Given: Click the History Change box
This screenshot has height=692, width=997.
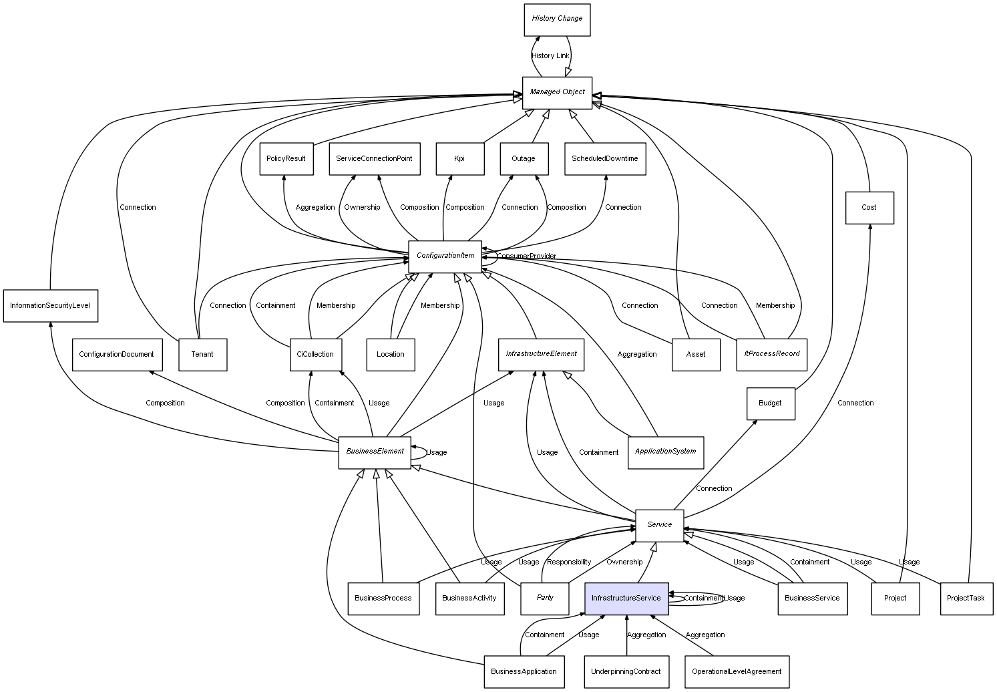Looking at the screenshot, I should [x=557, y=19].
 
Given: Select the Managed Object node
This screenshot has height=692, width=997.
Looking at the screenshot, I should [x=557, y=92].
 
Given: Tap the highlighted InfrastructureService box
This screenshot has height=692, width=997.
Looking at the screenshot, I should [x=626, y=598].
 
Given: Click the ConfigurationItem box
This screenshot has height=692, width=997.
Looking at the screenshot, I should [x=445, y=256].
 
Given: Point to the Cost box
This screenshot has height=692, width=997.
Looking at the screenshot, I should [x=869, y=208].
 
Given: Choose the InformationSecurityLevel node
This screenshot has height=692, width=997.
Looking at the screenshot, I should [x=50, y=306].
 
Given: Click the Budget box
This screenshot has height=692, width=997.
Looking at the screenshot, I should [x=770, y=403].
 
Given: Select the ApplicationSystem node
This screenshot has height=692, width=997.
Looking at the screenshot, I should [x=665, y=452].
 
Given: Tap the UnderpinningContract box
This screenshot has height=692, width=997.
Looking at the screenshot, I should [x=626, y=672].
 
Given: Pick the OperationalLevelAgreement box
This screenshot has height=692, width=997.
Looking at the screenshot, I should [x=737, y=672].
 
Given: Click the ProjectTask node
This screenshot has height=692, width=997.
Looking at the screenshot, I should [x=966, y=598].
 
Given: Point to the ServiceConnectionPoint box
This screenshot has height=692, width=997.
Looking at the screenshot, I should [x=374, y=159].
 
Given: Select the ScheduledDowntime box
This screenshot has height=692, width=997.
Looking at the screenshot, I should [x=604, y=159].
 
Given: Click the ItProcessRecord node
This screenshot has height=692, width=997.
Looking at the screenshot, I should [x=771, y=355].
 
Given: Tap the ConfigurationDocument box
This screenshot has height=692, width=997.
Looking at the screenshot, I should [x=116, y=355].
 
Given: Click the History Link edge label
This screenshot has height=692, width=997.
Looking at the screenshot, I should [x=550, y=56].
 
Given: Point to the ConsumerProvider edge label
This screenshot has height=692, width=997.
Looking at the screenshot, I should [x=527, y=256].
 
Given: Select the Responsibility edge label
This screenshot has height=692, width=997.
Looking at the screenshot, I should [x=569, y=562].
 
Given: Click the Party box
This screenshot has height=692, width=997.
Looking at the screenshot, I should [x=544, y=598].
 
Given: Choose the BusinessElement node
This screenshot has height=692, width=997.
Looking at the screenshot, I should [x=375, y=452].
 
